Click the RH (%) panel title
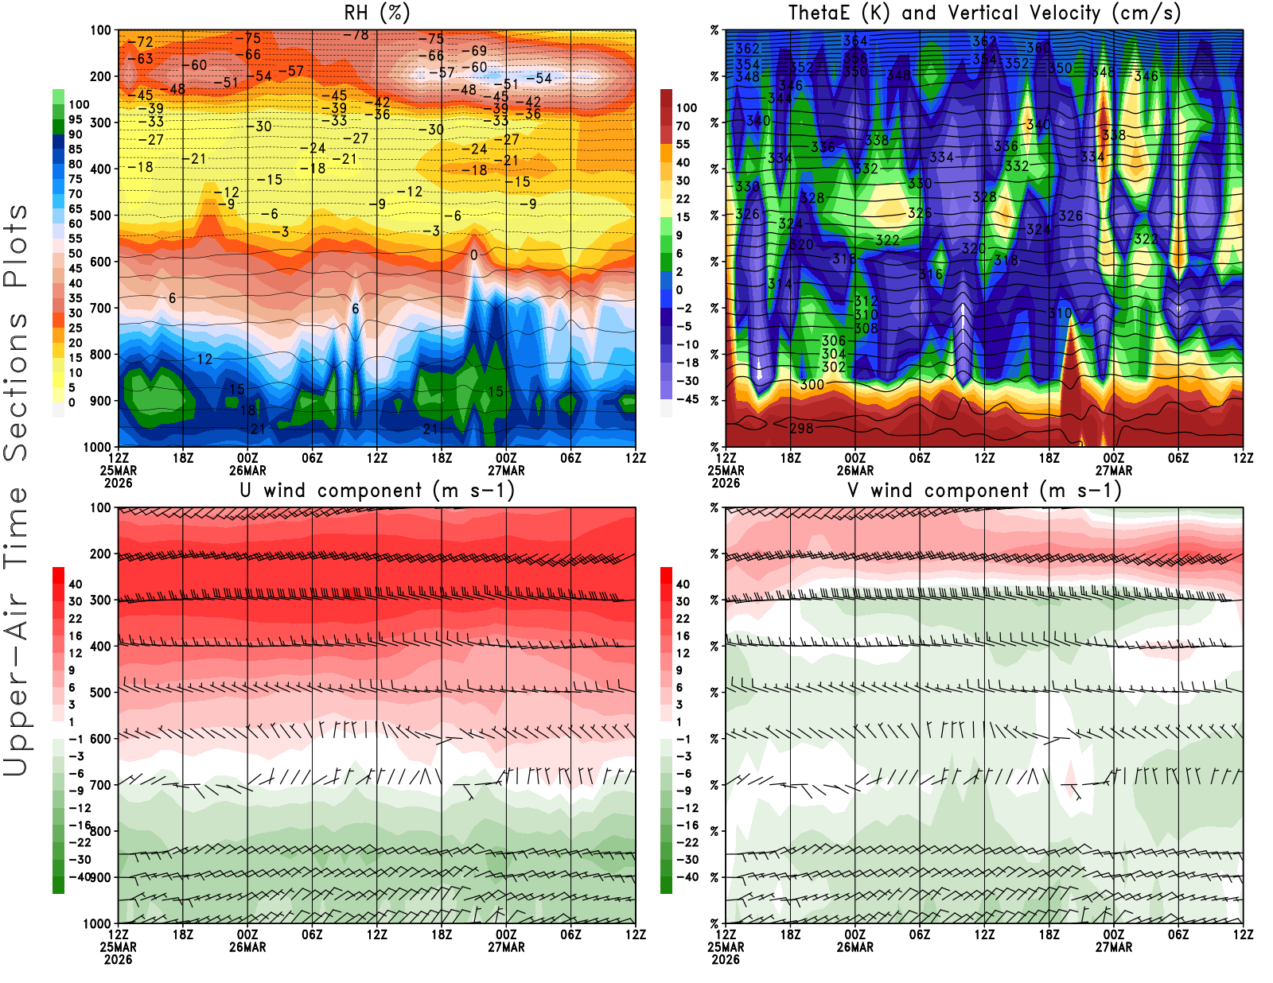coord(376,13)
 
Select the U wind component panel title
coord(376,490)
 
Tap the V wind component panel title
coord(984,490)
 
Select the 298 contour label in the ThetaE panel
coord(801,428)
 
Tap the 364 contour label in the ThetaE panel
coord(855,41)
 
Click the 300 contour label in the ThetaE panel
coord(812,384)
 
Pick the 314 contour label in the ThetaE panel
coord(780,284)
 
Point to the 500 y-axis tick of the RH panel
coord(100,216)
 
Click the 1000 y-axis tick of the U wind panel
coord(97,923)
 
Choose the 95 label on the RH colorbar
coord(75,119)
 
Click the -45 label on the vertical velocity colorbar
coord(687,399)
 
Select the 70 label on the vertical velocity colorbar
coord(683,126)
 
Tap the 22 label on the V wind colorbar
coord(683,619)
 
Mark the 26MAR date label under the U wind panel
coord(247,947)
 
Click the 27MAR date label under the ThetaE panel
coord(1113,470)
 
